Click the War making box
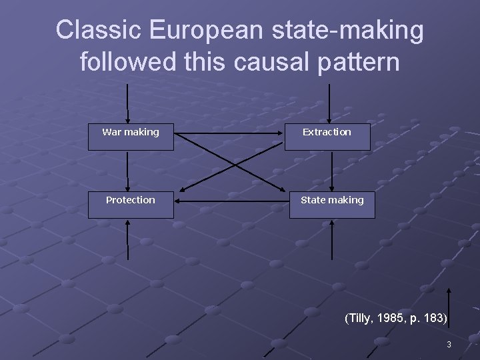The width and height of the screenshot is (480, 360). tap(131, 136)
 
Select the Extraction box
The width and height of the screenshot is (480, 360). tap(327, 136)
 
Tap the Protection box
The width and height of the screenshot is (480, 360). tap(131, 204)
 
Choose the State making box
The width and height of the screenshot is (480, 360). tap(332, 204)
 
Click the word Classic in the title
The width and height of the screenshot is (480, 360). tap(99, 30)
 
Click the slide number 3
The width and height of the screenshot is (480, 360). tap(449, 345)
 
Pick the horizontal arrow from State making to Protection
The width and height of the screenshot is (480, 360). tap(231, 200)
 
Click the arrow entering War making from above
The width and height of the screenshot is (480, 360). tap(127, 103)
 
